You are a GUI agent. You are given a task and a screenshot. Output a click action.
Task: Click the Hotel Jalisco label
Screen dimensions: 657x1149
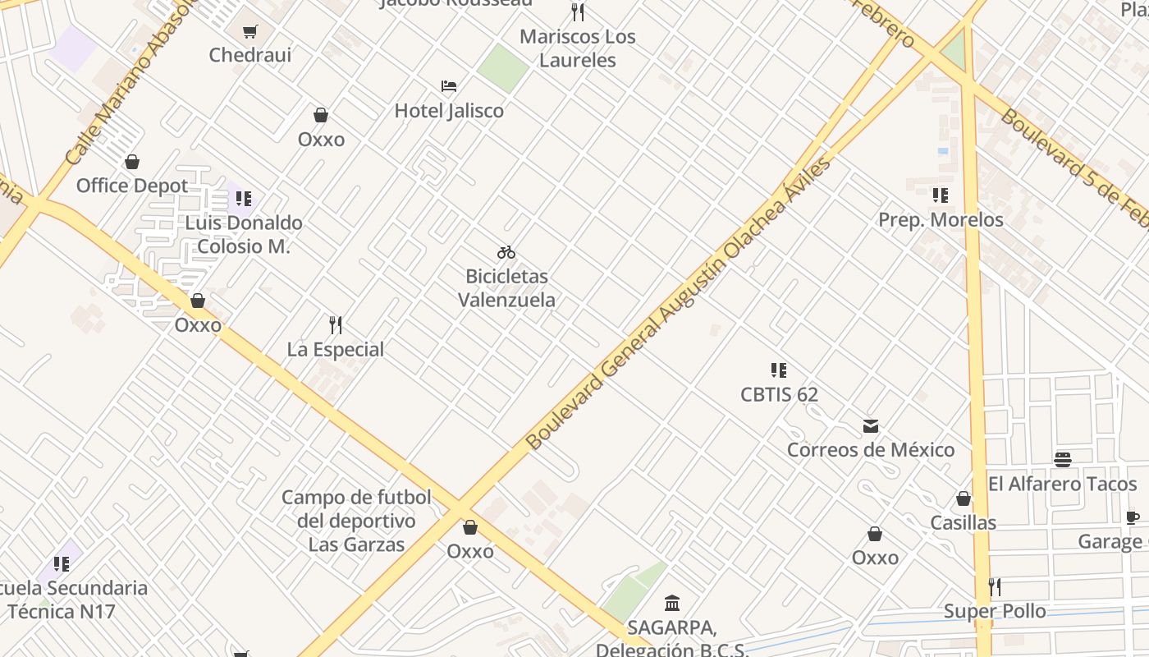[x=449, y=111]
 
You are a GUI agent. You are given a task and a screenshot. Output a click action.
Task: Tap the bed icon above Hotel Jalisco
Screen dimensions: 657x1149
[x=449, y=85]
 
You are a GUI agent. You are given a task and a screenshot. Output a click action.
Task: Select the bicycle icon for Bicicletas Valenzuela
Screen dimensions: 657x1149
[x=506, y=252]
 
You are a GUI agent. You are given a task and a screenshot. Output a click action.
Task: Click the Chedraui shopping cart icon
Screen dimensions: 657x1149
[x=250, y=31]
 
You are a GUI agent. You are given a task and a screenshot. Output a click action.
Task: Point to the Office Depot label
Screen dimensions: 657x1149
[x=132, y=186]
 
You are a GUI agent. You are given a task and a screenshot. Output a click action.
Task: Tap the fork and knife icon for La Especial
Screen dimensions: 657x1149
[x=335, y=325]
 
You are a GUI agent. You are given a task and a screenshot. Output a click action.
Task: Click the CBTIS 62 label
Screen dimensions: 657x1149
[x=779, y=395]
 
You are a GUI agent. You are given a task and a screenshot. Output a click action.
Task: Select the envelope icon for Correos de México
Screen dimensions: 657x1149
[x=871, y=426]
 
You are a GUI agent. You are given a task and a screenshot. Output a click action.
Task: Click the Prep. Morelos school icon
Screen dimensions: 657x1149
[x=941, y=195]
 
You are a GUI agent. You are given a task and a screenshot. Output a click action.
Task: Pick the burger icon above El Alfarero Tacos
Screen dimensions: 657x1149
[x=1063, y=459]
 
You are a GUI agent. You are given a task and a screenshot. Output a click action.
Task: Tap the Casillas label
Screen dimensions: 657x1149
[x=963, y=523]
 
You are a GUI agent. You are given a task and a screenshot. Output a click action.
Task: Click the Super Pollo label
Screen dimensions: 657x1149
[x=995, y=611]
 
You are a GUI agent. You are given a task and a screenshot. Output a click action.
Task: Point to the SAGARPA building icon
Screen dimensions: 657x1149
[x=672, y=604]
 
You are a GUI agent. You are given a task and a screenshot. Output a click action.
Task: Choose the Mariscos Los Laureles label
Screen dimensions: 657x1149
[x=578, y=48]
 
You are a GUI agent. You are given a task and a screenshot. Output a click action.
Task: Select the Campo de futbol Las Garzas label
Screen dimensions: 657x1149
[x=356, y=521]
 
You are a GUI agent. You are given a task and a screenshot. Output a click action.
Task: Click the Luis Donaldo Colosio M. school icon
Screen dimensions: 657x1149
[x=243, y=198]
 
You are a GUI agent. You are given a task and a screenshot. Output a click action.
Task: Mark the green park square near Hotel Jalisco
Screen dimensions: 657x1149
[x=502, y=67]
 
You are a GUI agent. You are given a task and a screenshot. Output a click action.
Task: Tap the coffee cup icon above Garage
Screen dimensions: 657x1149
[x=1133, y=517]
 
